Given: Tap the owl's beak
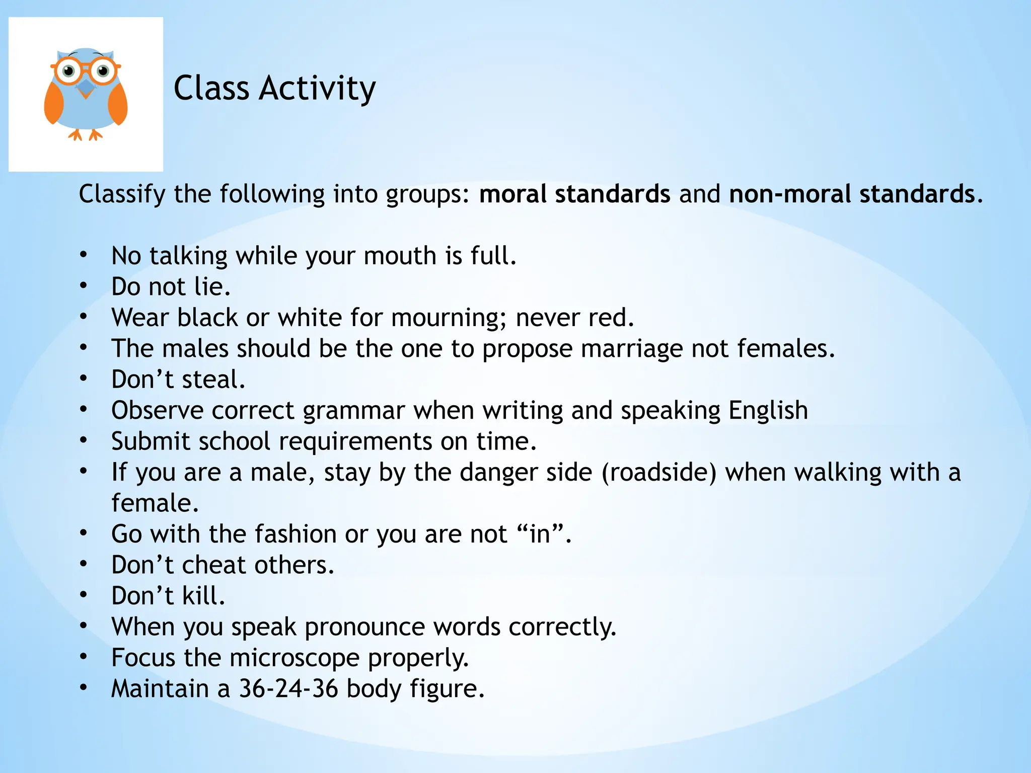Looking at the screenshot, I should [86, 89].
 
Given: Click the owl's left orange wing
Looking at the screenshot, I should [53, 103].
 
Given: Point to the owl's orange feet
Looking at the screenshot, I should [85, 135].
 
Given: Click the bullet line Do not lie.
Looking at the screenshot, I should [171, 287].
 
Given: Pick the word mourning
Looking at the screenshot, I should [449, 318].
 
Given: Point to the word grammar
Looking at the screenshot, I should [353, 411].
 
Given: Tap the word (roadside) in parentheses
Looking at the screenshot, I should [658, 473].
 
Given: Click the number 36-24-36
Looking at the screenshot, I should [288, 689].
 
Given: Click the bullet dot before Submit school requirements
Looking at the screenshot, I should [84, 441].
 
